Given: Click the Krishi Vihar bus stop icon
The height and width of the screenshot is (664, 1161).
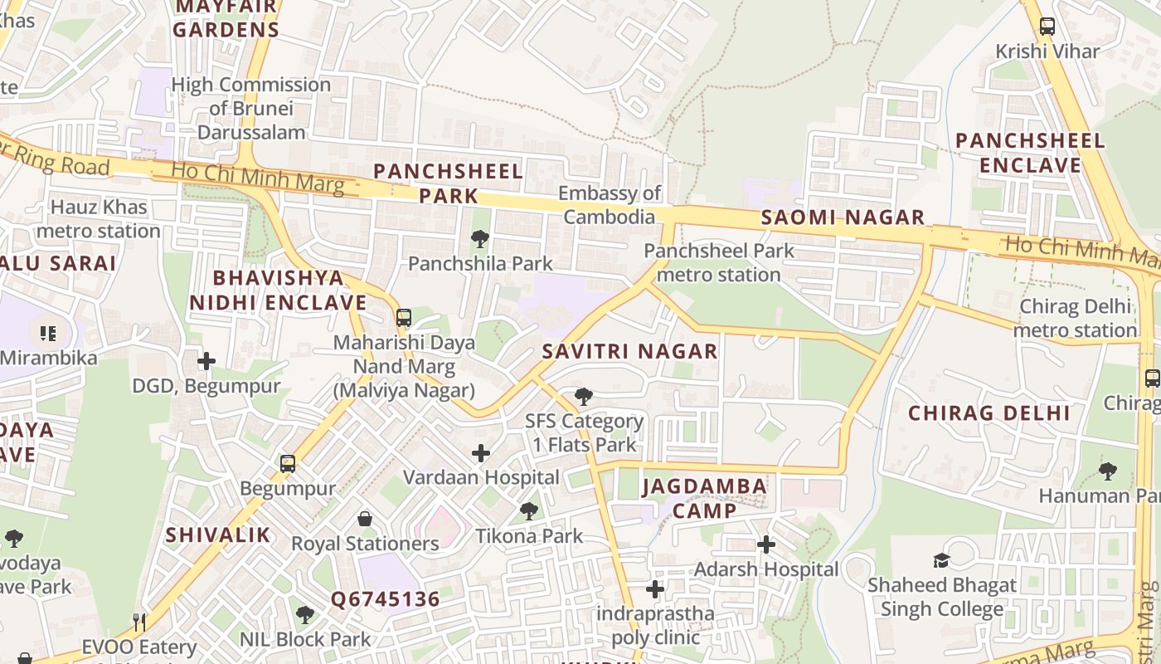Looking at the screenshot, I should point(1047,27).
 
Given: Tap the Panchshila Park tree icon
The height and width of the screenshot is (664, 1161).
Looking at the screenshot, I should point(479,239).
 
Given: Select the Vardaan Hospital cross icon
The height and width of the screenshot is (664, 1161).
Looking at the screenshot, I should point(481,453).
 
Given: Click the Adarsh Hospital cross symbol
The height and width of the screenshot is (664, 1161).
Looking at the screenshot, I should point(766,544).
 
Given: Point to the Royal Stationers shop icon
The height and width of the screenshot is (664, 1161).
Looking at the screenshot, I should point(365,520).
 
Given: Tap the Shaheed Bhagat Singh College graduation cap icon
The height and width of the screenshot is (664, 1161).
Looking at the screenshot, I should point(941,560).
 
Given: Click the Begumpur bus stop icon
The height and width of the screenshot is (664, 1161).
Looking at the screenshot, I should point(288,464).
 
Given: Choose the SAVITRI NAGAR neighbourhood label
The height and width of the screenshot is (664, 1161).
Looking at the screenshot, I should point(629,351).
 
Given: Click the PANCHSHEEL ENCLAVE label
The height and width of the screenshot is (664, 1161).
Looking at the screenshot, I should point(1030,153).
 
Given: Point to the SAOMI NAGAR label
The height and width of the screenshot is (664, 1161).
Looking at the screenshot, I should point(843,218).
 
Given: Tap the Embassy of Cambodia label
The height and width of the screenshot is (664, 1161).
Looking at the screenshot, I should point(610,205).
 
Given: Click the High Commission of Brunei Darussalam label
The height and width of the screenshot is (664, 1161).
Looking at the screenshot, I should point(251,108).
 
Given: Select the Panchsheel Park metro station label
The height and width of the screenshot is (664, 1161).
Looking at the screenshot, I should point(718,262).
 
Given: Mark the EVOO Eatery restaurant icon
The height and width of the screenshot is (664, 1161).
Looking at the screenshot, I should point(139,622).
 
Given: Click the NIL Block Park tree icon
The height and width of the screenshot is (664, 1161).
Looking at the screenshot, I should point(305,615).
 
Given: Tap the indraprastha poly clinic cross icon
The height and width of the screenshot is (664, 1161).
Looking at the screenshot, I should point(655,589).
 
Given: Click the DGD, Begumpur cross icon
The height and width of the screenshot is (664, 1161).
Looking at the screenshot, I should point(206,361).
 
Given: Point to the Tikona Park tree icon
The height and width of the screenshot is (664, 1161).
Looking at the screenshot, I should point(529,511).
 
